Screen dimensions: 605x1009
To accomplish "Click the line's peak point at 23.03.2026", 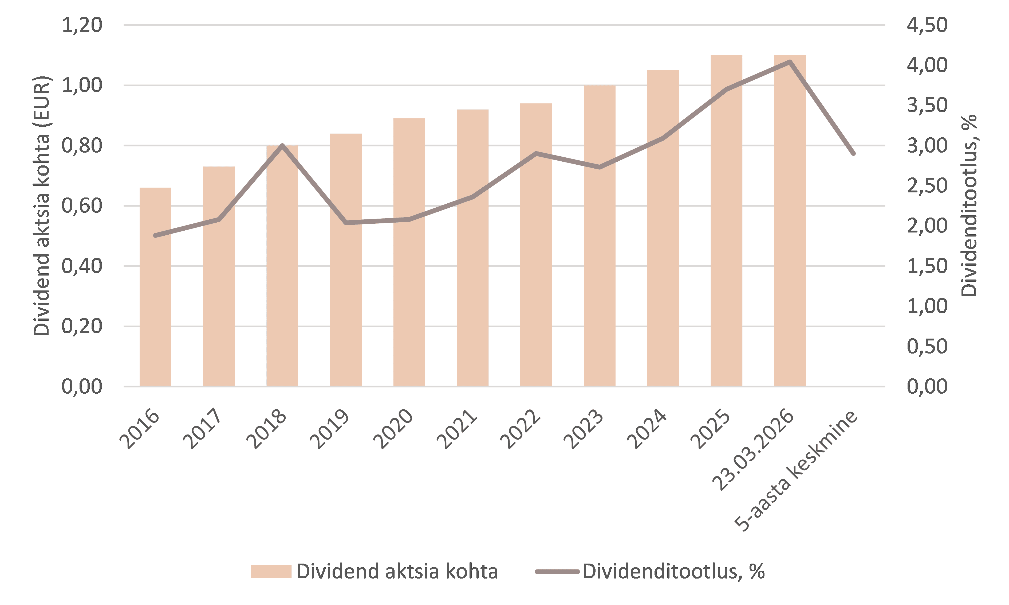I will pos(790,62).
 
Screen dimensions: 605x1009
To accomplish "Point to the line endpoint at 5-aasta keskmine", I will pos(853,153).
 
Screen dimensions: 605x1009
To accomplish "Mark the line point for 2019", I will pos(346,223).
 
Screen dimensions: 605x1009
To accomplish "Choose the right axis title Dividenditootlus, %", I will pos(969,206).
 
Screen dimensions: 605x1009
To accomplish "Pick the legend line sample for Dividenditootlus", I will pos(557,572).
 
